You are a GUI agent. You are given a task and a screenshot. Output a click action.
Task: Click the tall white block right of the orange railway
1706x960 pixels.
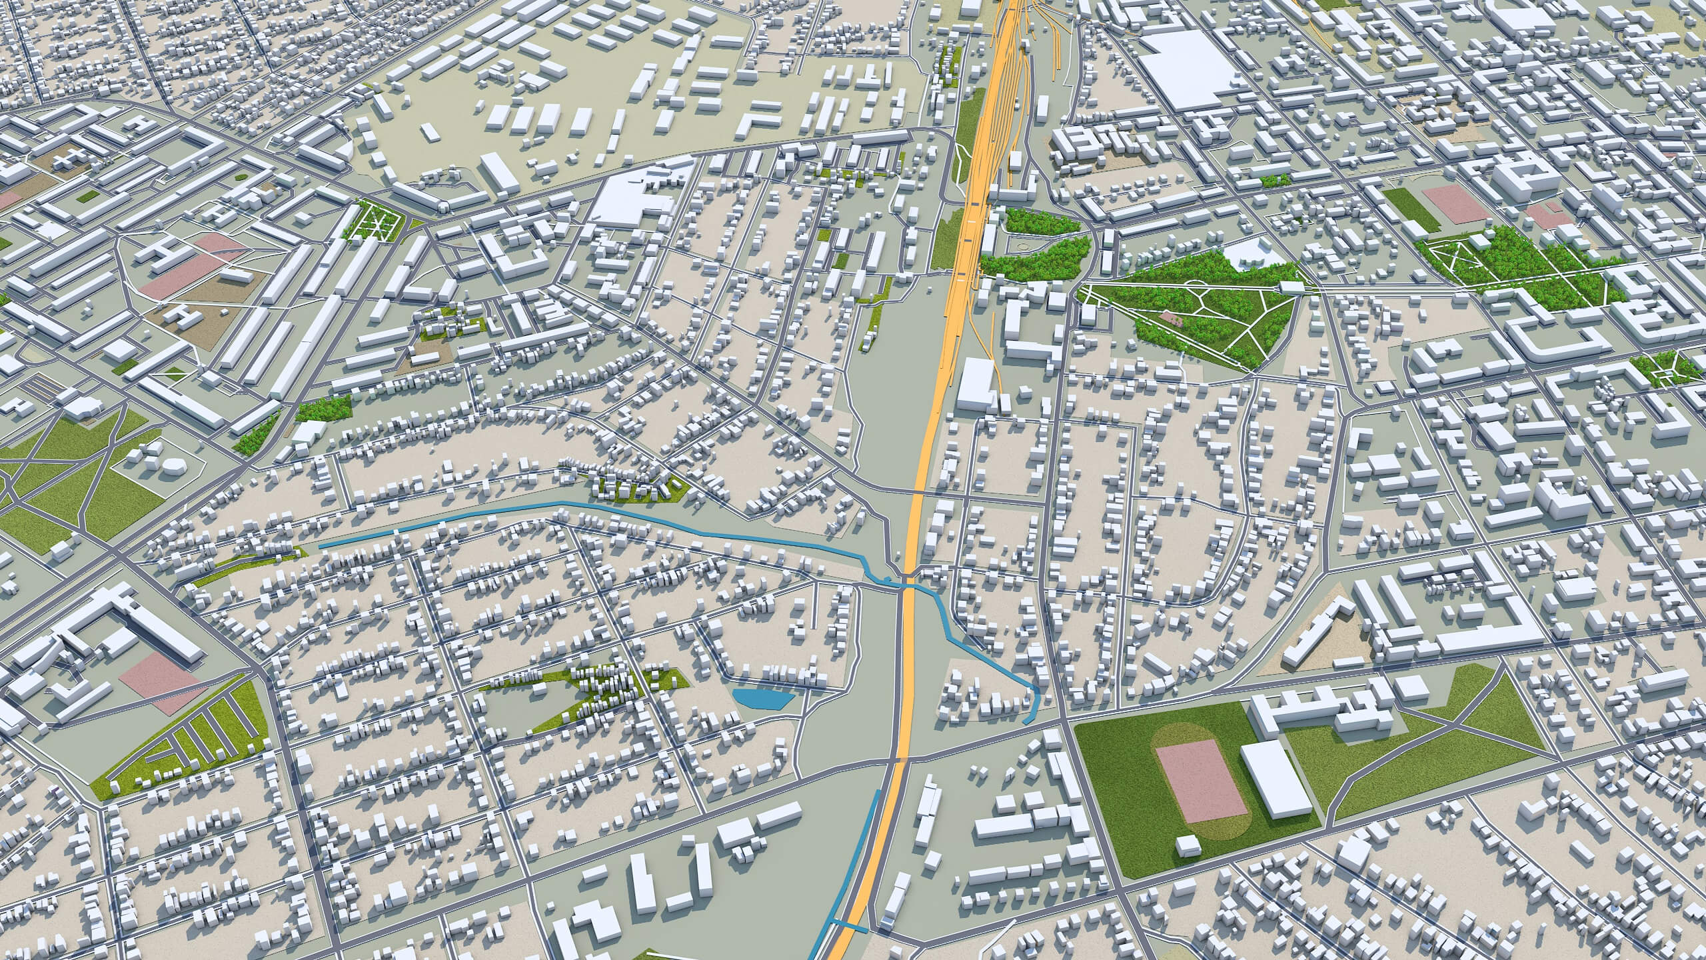click(974, 383)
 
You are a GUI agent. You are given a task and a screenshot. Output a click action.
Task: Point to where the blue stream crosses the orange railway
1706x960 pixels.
click(908, 585)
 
